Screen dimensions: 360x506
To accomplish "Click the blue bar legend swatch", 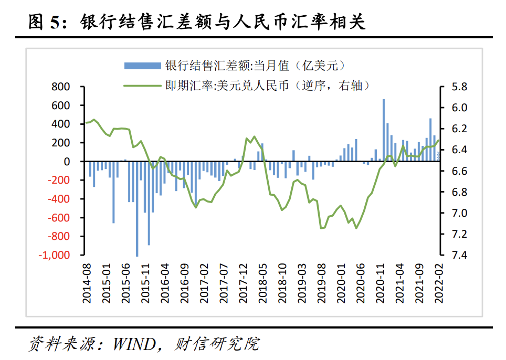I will point(142,66).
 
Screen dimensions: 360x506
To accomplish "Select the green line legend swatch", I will point(142,86).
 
